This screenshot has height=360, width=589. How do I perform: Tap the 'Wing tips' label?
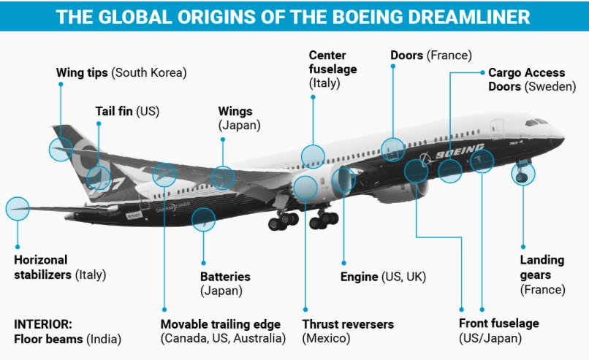pyautogui.click(x=83, y=73)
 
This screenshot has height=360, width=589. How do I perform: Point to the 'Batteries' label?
pyautogui.click(x=225, y=277)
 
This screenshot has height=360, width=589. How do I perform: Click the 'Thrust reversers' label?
pyautogui.click(x=348, y=324)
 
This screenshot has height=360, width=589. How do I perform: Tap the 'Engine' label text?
pyautogui.click(x=360, y=277)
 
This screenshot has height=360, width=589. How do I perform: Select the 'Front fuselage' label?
pyautogui.click(x=498, y=323)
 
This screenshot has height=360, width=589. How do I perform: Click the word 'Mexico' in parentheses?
pyautogui.click(x=326, y=338)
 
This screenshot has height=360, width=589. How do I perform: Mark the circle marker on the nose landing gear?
pyautogui.click(x=523, y=175)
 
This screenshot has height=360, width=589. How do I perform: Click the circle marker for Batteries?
pyautogui.click(x=204, y=219)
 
